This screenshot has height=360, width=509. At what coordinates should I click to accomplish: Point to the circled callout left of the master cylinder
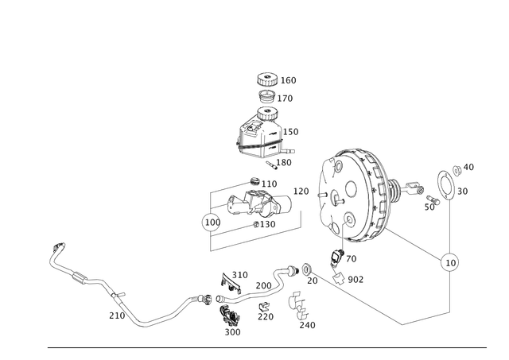(x=210, y=221)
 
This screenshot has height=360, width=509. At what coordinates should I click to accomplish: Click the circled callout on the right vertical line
(x=450, y=260)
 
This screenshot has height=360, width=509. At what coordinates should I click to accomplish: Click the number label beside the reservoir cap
(x=291, y=80)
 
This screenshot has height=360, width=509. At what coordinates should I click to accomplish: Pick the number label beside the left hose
(x=113, y=315)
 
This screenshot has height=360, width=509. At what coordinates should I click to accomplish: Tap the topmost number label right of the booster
(x=469, y=166)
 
